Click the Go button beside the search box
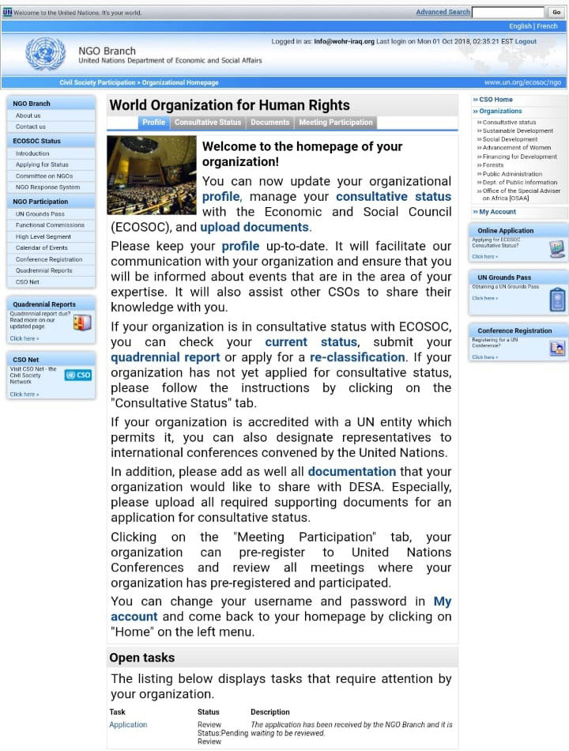coord(556,12)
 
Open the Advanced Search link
coord(443,12)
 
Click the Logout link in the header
coord(526,42)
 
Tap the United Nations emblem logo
coord(45,55)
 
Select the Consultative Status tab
coord(208,123)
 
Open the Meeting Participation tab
coord(336,123)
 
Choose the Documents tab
coord(270,123)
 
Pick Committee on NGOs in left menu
coord(44,176)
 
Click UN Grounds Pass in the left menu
coord(40,214)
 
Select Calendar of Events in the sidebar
coord(42,248)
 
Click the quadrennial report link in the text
coord(165,357)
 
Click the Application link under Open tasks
coord(128,725)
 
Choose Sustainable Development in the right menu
coord(518,131)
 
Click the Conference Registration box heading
coord(514,331)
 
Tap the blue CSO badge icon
coord(78,375)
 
